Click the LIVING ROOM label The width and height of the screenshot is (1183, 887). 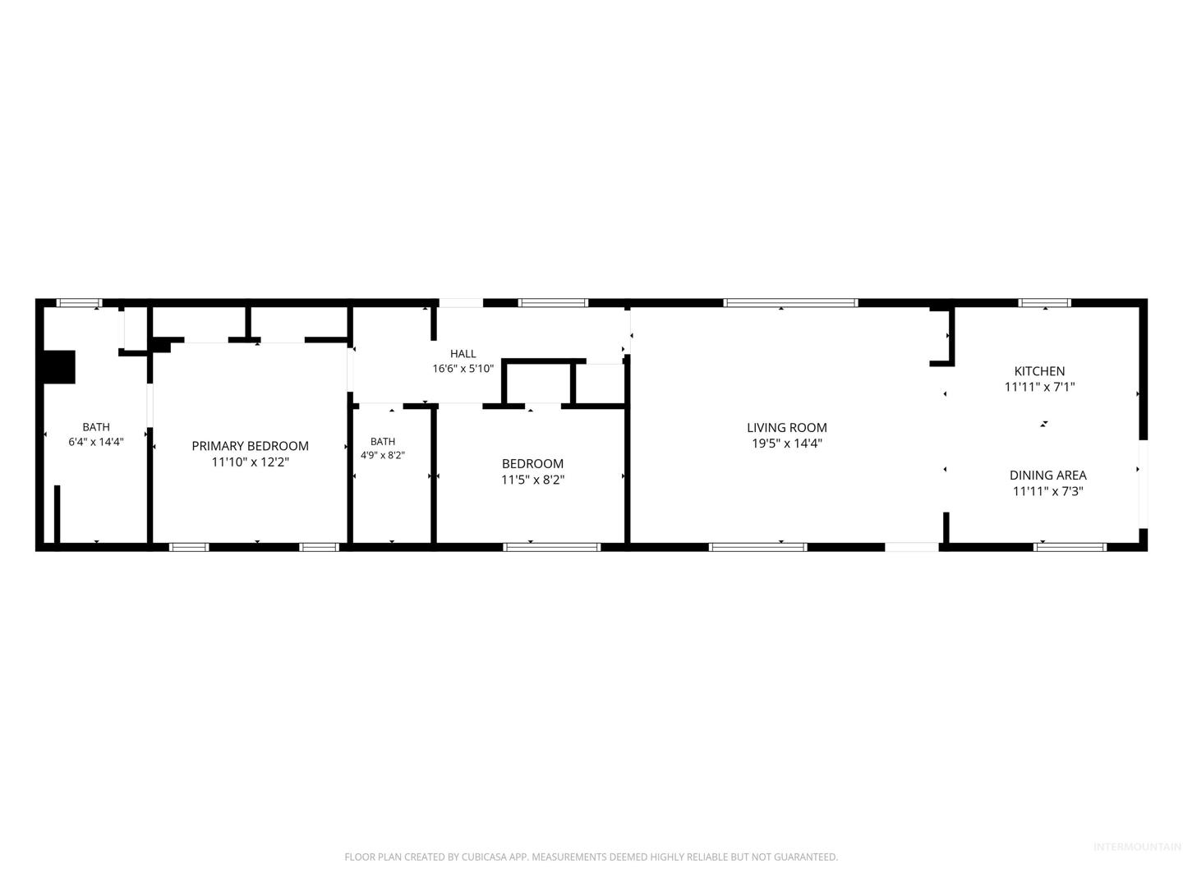click(786, 428)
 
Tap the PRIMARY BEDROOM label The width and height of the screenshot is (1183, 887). click(250, 446)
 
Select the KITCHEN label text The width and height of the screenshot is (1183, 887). click(1039, 371)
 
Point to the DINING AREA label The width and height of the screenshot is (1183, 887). click(1047, 475)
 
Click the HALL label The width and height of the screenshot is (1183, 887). click(463, 354)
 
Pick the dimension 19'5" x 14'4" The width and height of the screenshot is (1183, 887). click(787, 443)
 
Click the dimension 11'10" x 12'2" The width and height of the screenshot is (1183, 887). click(250, 462)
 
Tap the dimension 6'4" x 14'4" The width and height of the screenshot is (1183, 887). click(96, 442)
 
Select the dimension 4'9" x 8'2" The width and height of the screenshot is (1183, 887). click(383, 456)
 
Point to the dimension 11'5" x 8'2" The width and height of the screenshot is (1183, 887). click(532, 480)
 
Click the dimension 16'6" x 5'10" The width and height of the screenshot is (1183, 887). click(463, 369)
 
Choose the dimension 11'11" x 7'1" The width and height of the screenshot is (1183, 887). click(1039, 387)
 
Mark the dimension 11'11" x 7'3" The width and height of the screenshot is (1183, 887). click(1047, 491)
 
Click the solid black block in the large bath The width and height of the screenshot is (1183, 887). click(59, 367)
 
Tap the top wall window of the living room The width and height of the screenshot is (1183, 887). click(790, 303)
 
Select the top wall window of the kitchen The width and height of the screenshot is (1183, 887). click(1044, 303)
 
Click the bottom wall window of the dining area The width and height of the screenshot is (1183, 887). click(1070, 547)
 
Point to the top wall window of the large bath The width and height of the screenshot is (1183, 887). click(79, 303)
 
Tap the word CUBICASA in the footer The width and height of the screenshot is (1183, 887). click(483, 857)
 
